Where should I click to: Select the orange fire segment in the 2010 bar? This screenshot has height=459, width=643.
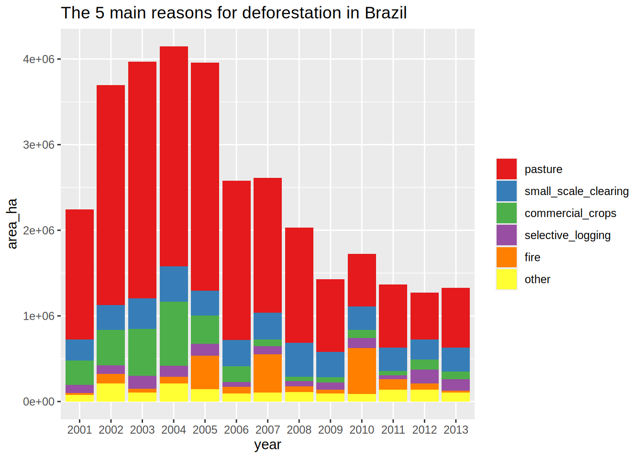click(362, 371)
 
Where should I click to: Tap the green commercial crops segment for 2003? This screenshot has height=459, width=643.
click(142, 352)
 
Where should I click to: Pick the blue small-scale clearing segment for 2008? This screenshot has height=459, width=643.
click(299, 360)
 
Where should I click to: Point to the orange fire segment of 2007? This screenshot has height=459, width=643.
click(267, 373)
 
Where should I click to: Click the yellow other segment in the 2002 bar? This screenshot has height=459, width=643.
click(111, 392)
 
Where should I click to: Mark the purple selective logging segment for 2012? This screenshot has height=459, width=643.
click(424, 376)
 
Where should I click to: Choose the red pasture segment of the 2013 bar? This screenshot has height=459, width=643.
click(455, 317)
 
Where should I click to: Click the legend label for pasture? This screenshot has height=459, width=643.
click(543, 169)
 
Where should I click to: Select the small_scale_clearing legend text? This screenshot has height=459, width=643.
click(576, 191)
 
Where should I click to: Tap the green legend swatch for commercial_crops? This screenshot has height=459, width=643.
click(507, 213)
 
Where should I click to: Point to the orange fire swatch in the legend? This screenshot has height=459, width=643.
click(507, 257)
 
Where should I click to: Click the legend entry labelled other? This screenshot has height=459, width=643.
click(537, 279)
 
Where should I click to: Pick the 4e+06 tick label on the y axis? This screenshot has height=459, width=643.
click(39, 59)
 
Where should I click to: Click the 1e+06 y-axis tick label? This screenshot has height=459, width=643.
click(39, 316)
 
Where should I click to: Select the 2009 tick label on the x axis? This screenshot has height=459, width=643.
click(331, 430)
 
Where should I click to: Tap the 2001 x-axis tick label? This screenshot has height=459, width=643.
click(79, 430)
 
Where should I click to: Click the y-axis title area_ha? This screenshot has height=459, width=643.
click(12, 223)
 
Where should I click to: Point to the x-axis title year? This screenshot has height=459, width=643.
click(267, 445)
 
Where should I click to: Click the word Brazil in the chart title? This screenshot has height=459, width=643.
click(386, 13)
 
